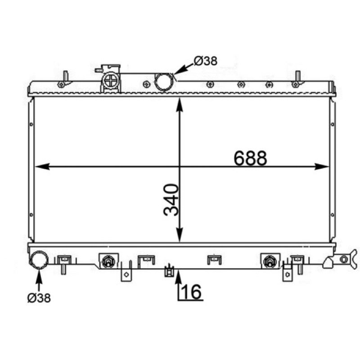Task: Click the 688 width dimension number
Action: pos(250,158)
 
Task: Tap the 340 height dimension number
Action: pos(171,200)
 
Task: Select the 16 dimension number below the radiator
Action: pos(191,292)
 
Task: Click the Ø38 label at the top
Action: pos(206,61)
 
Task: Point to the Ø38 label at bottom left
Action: pos(39,298)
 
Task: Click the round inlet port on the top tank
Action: pos(164,82)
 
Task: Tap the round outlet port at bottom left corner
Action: pos(39,260)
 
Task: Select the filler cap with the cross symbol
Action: pos(111,80)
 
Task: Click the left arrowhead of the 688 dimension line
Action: pos(42,166)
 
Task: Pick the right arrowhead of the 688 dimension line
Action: pos(322,166)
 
